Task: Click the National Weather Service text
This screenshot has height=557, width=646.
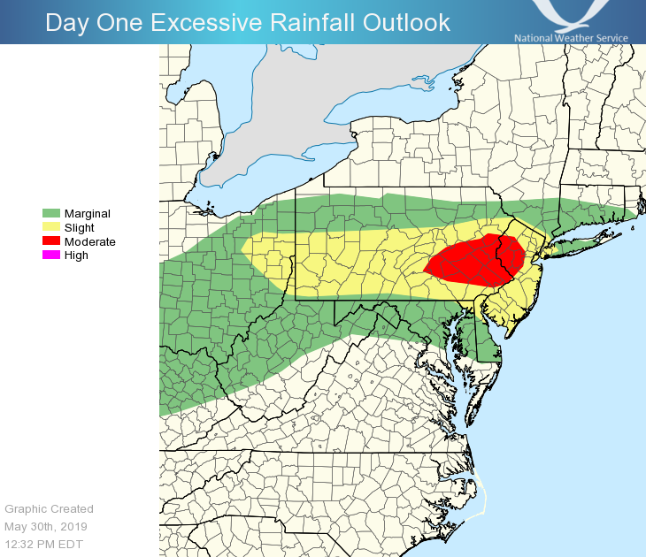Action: coord(571,38)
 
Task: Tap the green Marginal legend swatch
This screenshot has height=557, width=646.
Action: coord(51,213)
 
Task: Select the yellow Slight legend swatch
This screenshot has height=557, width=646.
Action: coord(51,227)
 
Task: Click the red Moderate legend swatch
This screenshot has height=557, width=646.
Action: coord(51,241)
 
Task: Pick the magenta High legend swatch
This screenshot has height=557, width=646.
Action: coord(51,256)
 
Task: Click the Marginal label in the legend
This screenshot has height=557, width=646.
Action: coord(88,213)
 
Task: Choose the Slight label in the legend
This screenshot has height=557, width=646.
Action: coord(80,227)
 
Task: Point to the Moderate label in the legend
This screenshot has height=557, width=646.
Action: coord(90,241)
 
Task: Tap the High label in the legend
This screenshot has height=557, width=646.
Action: coord(76,256)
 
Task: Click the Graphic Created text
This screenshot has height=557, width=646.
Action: coord(49,508)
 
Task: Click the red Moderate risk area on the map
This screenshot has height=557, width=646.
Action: coord(469,261)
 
